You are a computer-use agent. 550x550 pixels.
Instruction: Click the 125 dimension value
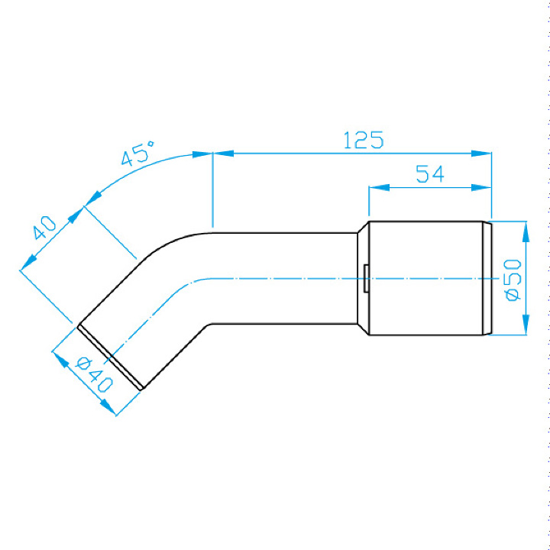coord(364,140)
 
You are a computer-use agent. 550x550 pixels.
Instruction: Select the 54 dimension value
coord(430,174)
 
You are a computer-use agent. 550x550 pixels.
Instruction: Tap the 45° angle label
coord(137,154)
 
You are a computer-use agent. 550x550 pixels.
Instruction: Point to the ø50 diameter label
coord(513,280)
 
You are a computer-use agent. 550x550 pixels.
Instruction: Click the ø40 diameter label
coord(94,374)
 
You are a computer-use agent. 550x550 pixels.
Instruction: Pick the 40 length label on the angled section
coord(44,228)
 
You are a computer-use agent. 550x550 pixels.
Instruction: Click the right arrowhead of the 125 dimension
coord(481,154)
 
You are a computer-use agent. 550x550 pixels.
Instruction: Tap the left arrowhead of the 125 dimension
coord(223,154)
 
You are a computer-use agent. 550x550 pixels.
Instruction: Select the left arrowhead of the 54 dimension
coord(379,188)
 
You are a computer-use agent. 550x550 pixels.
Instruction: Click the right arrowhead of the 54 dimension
coord(481,188)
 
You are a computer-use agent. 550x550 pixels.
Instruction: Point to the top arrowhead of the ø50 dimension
coord(526,232)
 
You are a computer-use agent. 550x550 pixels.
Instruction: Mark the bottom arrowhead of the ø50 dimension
coord(526,325)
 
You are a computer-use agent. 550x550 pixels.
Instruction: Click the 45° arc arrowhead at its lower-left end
coord(92,199)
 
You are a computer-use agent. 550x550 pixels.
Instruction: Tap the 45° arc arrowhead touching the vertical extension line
coord(202,154)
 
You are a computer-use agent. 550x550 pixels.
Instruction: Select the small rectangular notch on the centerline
coord(366,278)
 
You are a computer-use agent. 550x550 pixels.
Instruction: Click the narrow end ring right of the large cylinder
coord(487,278)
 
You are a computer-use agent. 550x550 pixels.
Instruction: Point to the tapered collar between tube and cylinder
coord(363,278)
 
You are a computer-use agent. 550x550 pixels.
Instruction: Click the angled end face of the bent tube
coord(110,357)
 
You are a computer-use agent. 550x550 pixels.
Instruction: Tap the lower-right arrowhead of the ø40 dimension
coord(108,407)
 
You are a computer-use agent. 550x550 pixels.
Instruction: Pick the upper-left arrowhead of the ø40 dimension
coord(60,360)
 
